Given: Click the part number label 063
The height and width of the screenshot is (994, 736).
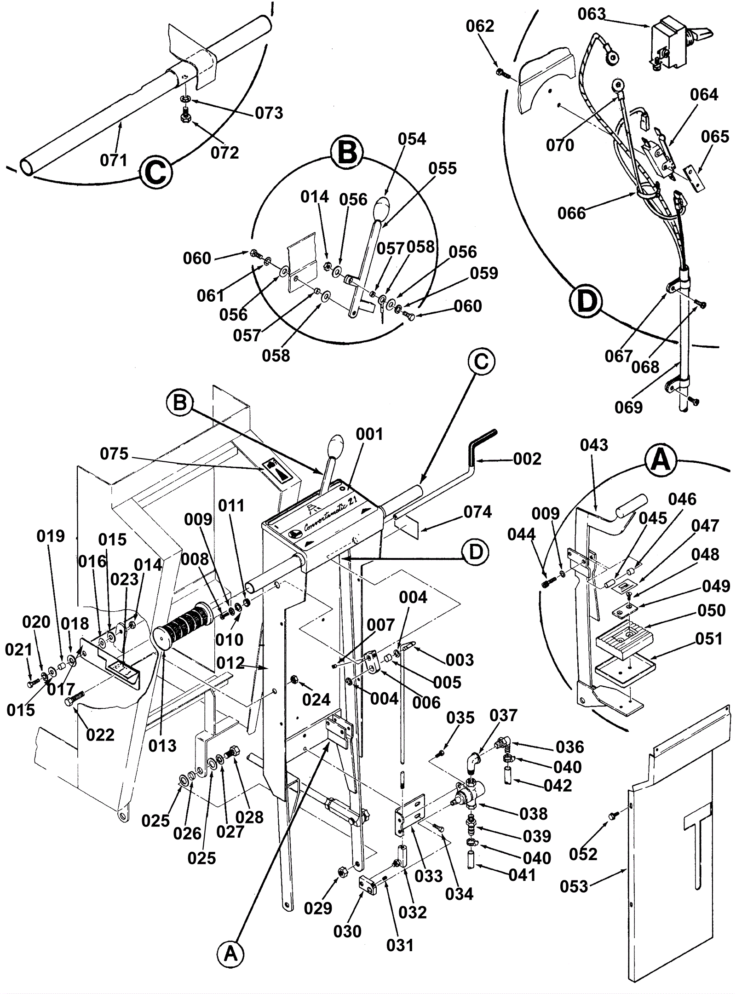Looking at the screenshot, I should click(x=592, y=14).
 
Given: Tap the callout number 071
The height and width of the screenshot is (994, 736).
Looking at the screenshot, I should click(x=114, y=160).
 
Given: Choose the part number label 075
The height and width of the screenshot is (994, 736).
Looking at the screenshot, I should click(x=114, y=454).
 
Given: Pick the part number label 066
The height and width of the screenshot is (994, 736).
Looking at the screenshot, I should click(x=572, y=213).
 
